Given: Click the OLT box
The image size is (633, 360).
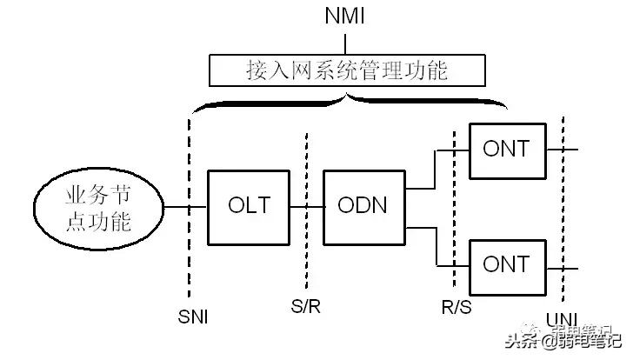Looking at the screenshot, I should click(x=249, y=207).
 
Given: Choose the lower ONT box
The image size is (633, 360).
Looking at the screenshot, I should click(x=505, y=264).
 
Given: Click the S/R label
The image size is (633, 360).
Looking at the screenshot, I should click(x=305, y=306).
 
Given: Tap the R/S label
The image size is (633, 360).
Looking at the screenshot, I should click(x=455, y=306).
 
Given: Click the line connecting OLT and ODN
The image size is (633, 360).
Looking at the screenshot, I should click(x=306, y=207).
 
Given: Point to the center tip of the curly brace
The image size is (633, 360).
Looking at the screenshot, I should click(x=349, y=96).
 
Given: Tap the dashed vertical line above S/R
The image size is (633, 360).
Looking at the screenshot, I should click(x=305, y=174).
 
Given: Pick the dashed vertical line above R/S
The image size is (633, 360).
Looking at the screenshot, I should click(x=455, y=209).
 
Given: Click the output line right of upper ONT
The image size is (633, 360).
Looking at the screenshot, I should click(x=557, y=148).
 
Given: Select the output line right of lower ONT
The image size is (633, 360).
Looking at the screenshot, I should click(x=557, y=264).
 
